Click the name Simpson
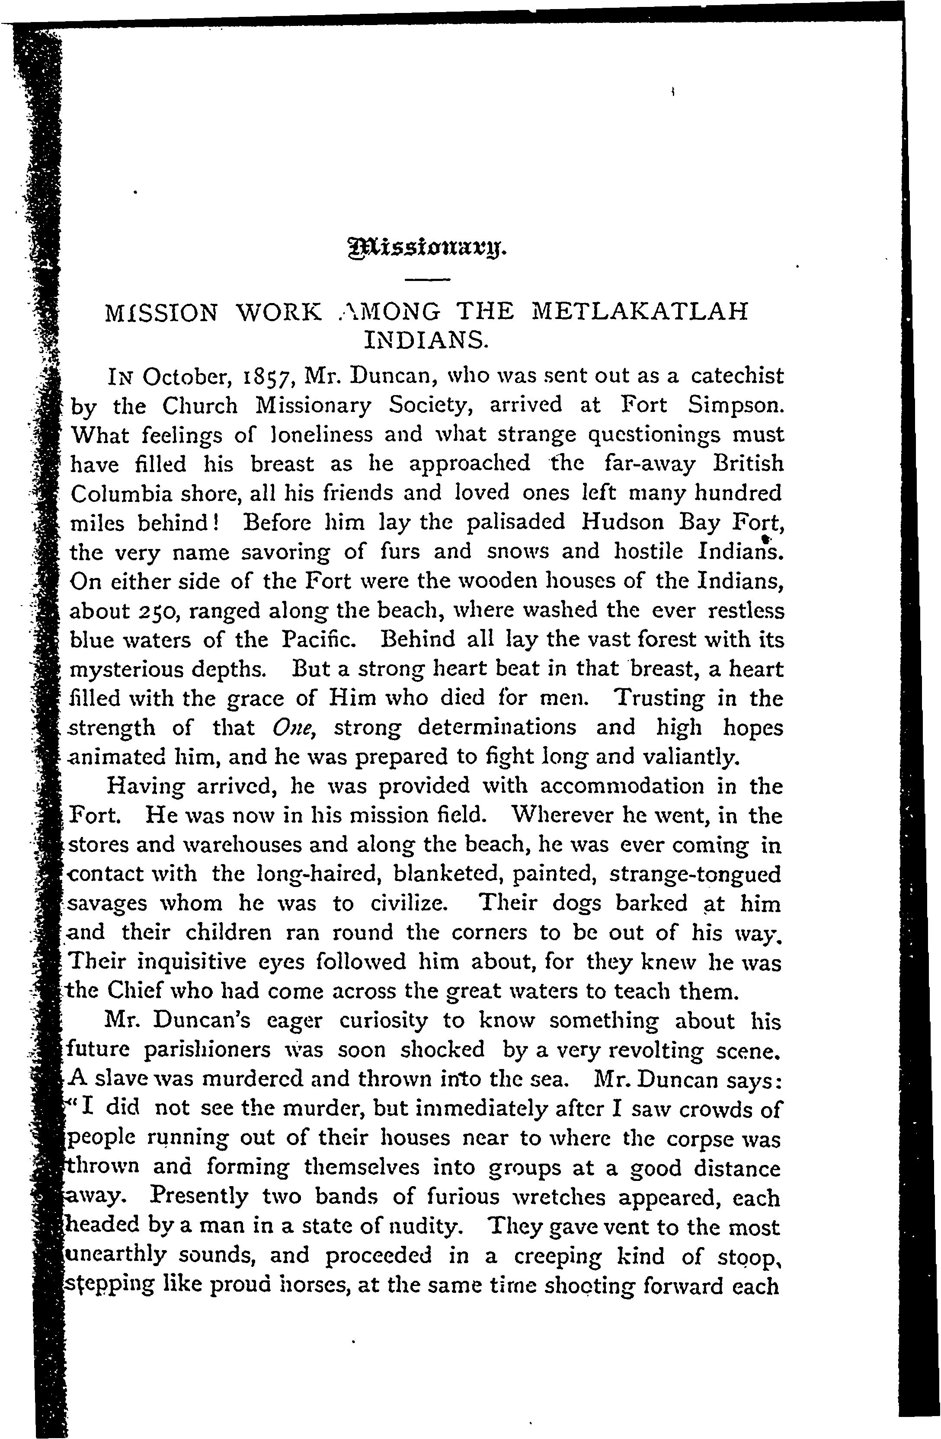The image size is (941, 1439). [736, 405]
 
